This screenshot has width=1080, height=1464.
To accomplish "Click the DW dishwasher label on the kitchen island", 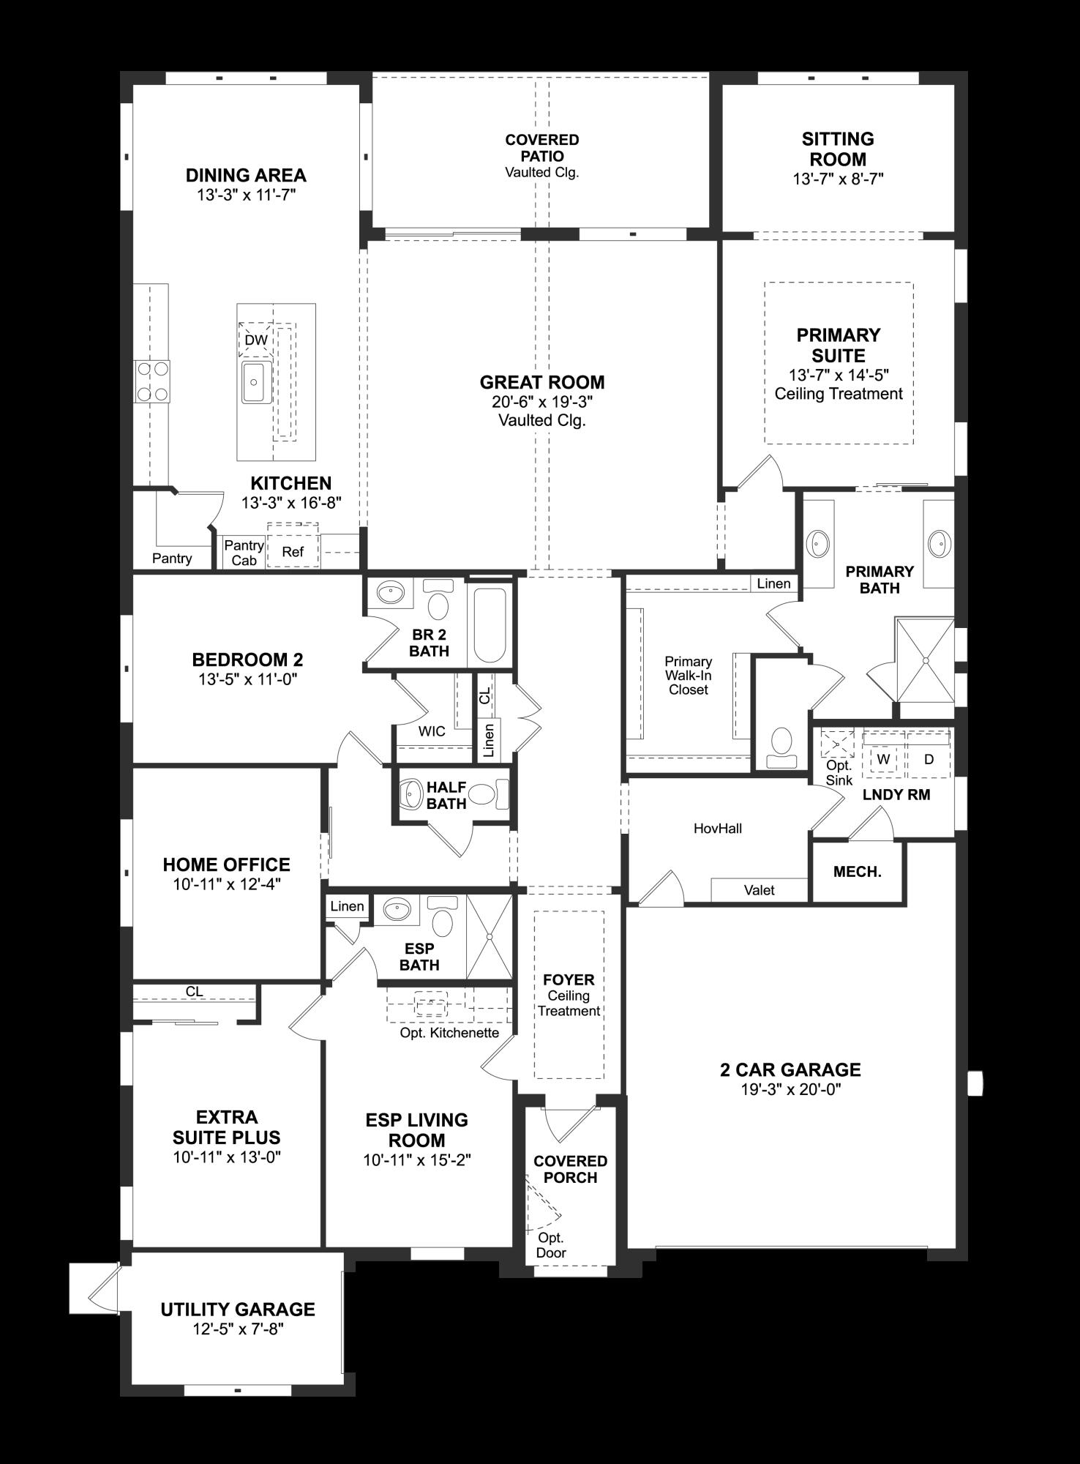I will coord(255,340).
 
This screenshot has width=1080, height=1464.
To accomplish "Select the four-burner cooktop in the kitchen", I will coord(151,381).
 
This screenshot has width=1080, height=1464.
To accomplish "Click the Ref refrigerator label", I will coord(293,552).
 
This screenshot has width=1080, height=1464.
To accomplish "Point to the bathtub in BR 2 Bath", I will coord(490,625).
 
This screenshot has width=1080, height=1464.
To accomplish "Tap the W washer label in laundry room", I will coord(883,759).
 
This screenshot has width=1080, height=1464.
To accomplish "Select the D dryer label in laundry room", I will coord(929,759).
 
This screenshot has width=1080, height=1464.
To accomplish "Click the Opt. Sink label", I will coord(839,772).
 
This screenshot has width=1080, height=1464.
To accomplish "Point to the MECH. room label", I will coord(857,872).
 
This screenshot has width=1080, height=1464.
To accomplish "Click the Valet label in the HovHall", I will coord(759,890).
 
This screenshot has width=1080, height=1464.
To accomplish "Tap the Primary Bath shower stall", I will coord(925,660).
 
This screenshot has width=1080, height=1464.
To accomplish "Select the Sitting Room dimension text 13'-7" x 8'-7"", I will coord(838,179).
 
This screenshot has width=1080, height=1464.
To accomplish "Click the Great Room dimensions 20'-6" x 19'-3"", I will coord(541,401).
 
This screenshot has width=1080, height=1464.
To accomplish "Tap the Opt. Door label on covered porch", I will coord(550,1245).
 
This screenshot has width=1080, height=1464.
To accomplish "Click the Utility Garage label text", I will coord(238,1310).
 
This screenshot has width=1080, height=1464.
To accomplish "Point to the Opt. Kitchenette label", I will coord(449,1033).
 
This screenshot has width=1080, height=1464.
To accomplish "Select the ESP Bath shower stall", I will coord(490,936).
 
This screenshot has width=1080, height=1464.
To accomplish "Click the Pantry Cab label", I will coord(244,553).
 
